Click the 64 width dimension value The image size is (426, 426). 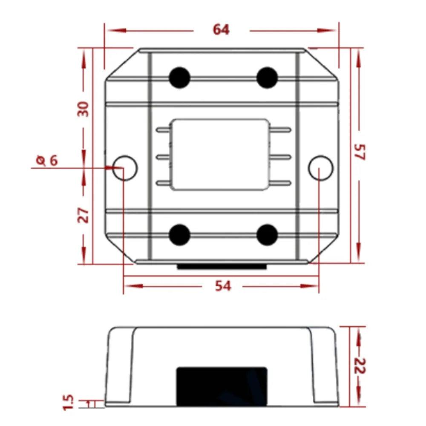pos(221,30)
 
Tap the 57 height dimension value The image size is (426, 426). pos(360,152)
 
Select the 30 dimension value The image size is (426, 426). pos(83,109)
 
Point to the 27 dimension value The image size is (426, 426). pos(83,216)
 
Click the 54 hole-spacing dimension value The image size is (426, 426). pos(223,286)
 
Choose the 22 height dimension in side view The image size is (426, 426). pos(360,366)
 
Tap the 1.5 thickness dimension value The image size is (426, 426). pos(68,402)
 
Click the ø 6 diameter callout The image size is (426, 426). pos(47,160)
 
